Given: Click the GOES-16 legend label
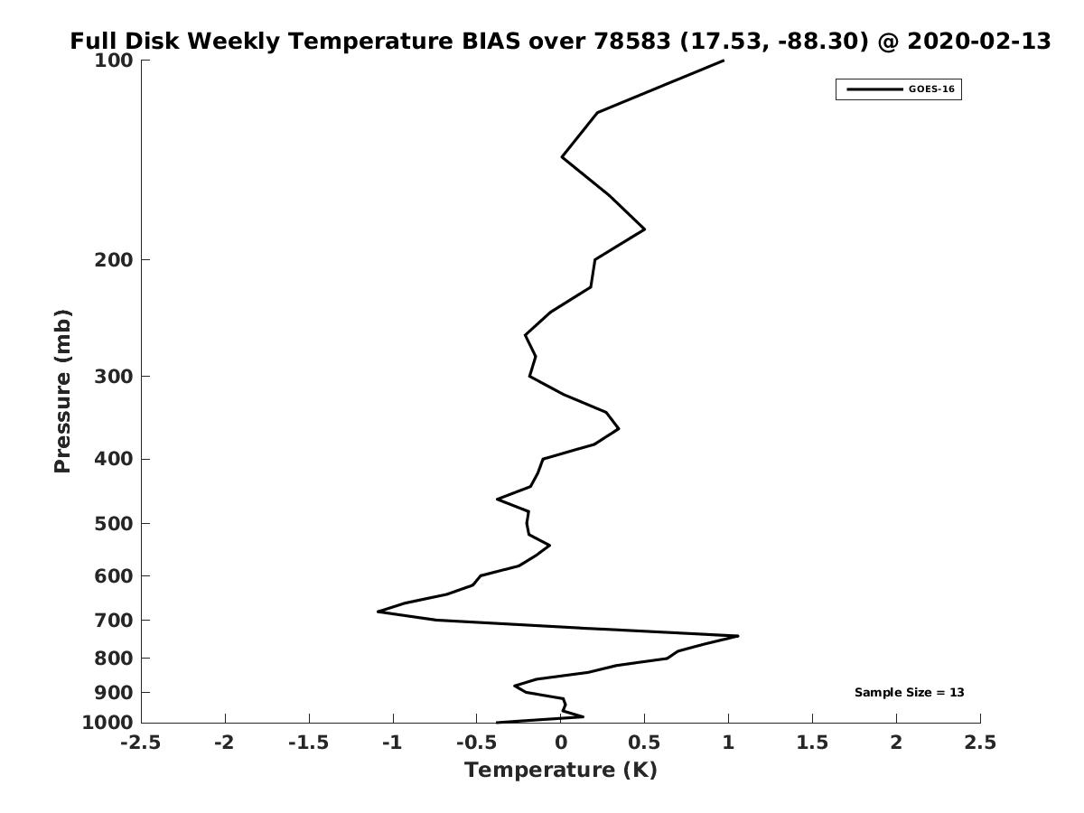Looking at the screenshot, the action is pos(931,89).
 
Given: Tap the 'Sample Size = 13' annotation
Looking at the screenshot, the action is pos(909,693).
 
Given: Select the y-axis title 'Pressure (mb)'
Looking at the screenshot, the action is pos(62,391).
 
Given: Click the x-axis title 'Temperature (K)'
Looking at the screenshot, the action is pos(561,770).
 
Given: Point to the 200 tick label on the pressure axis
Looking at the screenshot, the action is pos(114,259).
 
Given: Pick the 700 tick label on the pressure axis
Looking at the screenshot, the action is pos(114,620).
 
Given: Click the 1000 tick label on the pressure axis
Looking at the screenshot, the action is pos(107,723).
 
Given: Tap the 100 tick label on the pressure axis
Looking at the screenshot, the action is pos(114,61).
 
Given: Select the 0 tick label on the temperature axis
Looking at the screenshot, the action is pos(561,743).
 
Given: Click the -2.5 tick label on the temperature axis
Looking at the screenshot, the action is pos(141,743).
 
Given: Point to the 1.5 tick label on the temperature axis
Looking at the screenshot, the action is pos(812,743).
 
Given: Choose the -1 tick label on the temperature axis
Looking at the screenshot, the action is pos(393,743).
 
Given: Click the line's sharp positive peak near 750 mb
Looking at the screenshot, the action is pos(738,636).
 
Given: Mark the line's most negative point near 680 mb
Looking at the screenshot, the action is pos(378,612).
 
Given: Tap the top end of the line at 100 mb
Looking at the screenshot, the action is pos(724,61).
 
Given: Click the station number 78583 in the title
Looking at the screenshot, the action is pos(631,41).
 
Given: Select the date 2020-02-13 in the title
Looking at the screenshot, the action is pos(979,41).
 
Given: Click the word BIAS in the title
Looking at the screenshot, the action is pos(491,41).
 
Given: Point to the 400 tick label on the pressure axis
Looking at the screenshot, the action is pos(114,459).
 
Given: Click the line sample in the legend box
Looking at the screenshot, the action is pos(874,89).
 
